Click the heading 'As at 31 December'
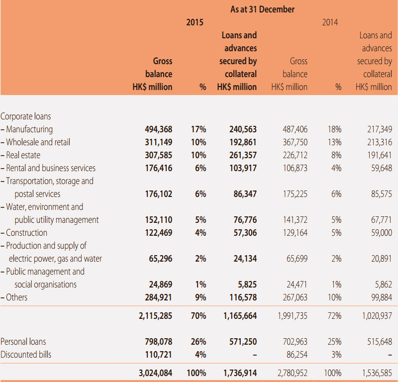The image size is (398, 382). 262,9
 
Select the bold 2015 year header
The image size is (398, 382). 195,22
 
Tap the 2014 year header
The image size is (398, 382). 330,22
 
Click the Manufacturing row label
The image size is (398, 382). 27,129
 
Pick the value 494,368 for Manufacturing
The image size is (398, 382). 159,129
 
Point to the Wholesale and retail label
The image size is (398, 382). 35,142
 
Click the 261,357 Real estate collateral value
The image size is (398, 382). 243,155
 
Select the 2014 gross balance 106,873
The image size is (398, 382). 295,168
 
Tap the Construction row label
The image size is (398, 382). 24,233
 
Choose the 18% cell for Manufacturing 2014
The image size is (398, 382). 334,129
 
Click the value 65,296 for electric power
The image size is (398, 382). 161,259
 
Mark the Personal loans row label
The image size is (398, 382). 23,342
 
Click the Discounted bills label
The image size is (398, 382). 26,355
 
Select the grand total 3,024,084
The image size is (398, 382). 155,373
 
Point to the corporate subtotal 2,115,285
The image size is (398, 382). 155,316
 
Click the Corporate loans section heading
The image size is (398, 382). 26,116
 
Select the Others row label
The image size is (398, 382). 14,297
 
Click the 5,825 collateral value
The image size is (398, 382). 247,285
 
